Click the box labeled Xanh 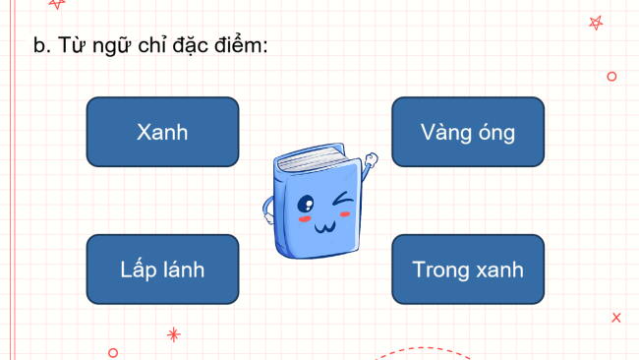tap(162, 132)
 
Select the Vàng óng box tap(468, 132)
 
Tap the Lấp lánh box tap(162, 270)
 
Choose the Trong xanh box tap(468, 270)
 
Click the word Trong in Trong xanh tap(438, 270)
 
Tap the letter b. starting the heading tap(41, 45)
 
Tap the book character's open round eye tap(306, 206)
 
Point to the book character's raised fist tap(370, 160)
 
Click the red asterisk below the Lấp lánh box tap(174, 334)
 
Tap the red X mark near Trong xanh tap(615, 317)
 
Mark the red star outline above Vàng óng tap(596, 22)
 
